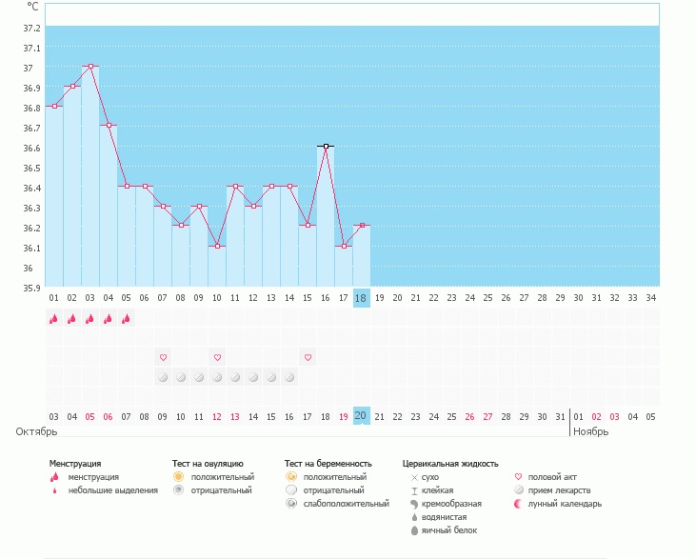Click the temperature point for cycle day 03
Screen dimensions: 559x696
pos(90,67)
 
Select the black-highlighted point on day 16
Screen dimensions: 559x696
pos(326,147)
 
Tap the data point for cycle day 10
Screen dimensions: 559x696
pos(217,247)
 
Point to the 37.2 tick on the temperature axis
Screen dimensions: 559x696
pos(31,28)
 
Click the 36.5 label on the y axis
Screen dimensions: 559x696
pos(31,168)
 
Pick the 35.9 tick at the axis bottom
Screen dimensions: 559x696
pos(31,288)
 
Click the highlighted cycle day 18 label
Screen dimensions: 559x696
pos(361,298)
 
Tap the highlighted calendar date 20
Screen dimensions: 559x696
pos(361,416)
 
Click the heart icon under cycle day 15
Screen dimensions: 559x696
pos(308,357)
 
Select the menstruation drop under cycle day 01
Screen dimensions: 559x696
pos(54,319)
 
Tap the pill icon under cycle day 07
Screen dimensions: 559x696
pos(163,377)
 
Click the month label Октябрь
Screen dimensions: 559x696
pos(37,431)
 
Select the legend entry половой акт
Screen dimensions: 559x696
pos(551,477)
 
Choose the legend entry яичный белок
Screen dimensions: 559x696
pos(444,530)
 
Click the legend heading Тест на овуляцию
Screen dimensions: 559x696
pos(208,464)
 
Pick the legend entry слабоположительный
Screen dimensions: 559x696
pos(345,504)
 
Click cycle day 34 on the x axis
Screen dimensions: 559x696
pos(650,298)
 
